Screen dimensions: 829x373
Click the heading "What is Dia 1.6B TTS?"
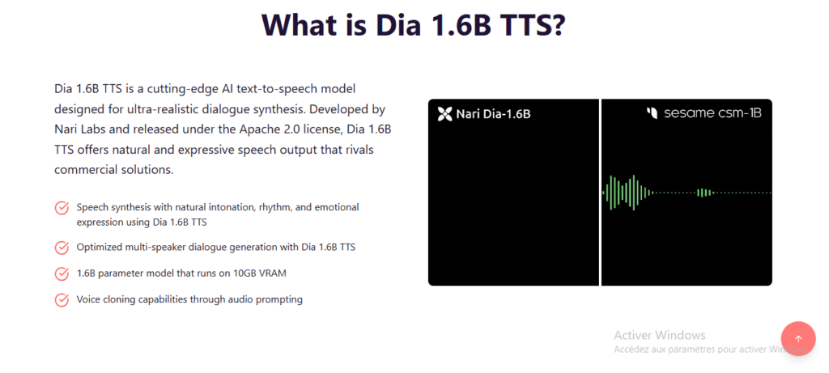414,24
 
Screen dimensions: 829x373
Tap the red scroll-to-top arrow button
797,339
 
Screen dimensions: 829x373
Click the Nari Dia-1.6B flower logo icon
445,113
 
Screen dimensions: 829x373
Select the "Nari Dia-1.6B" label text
493,113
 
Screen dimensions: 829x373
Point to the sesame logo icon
652,112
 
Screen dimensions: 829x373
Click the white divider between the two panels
600,193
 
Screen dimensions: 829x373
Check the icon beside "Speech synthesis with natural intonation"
62,208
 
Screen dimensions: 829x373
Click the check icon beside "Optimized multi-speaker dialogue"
62,248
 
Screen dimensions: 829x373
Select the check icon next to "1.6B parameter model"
62,273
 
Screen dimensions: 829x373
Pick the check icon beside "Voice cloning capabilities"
62,300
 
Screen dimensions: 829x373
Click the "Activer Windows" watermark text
659,335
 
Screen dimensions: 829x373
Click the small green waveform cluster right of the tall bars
705,193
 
